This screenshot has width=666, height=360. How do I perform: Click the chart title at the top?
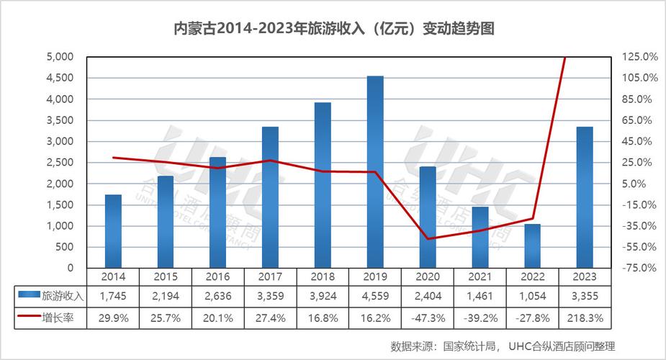coord(333,30)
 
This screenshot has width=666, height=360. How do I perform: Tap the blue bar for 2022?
coord(532,246)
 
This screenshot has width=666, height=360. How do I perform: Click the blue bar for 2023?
coord(585,197)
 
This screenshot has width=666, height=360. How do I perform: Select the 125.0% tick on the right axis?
coord(639,57)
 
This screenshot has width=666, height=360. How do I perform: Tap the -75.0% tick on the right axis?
coord(639,268)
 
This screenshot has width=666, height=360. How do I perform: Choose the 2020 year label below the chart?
coord(428,276)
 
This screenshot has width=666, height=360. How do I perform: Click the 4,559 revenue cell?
coord(375,296)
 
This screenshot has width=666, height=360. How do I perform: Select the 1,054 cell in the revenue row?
coord(532,296)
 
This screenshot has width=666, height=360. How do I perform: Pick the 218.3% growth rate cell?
coord(585,317)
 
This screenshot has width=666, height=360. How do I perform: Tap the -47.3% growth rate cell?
coord(428,317)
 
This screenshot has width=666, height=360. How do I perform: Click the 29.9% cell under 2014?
coord(113,317)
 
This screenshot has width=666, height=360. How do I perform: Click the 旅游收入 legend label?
coord(63,296)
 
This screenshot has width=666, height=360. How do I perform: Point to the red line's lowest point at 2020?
coord(428,238)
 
